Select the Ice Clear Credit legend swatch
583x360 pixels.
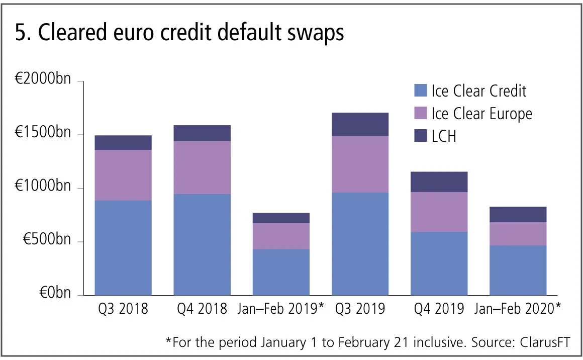pyautogui.click(x=420, y=91)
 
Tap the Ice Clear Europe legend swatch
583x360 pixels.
pyautogui.click(x=420, y=113)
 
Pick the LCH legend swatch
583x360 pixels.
pyautogui.click(x=420, y=136)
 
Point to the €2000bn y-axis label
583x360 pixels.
pyautogui.click(x=43, y=81)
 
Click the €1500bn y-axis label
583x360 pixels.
pyautogui.click(x=43, y=135)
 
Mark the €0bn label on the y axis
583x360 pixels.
pyautogui.click(x=55, y=295)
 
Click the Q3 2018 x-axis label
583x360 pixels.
pyautogui.click(x=123, y=308)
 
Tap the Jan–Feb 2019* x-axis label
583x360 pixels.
pyautogui.click(x=281, y=308)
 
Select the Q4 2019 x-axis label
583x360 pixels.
pyautogui.click(x=439, y=308)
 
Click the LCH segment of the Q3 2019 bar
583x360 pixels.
pyautogui.click(x=360, y=124)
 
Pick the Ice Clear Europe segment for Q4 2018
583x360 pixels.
pyautogui.click(x=202, y=167)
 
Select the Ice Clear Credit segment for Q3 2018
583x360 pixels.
pyautogui.click(x=123, y=248)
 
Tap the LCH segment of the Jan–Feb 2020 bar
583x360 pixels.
pyautogui.click(x=518, y=214)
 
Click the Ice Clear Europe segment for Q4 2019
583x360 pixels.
pyautogui.click(x=439, y=212)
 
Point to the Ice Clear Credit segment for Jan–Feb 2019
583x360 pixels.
pyautogui.click(x=281, y=272)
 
